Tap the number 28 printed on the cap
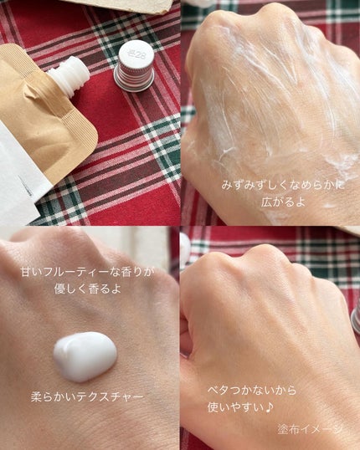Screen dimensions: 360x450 [137, 54]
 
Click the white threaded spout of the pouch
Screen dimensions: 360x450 [69, 74]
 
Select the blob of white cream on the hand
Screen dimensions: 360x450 [85, 356]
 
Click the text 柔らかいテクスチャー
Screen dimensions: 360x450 [87, 397]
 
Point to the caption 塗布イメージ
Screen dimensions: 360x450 [310, 429]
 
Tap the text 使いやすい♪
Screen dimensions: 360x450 [240, 407]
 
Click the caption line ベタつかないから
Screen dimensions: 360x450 [252, 391]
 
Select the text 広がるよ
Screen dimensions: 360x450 [283, 202]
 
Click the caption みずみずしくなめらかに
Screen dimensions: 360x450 [283, 185]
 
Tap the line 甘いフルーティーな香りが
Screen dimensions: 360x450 [87, 272]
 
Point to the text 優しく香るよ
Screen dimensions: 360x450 [87, 289]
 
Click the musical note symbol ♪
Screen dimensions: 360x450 [269, 407]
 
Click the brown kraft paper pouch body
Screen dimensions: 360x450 [43, 115]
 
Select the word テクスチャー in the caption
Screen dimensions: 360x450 [111, 397]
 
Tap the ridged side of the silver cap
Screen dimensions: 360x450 [134, 79]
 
